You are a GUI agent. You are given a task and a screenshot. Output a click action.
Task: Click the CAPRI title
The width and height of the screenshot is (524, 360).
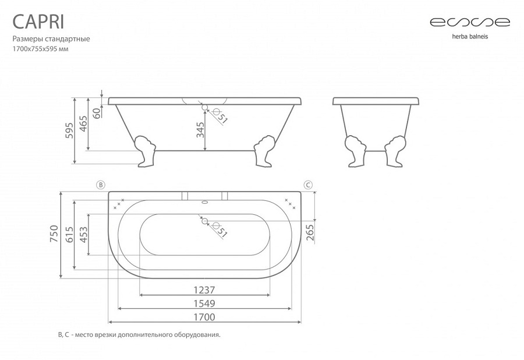[38, 22]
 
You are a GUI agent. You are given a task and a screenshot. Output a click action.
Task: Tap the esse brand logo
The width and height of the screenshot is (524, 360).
[470, 22]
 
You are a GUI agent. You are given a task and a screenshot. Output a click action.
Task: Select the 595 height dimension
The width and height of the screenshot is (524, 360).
[69, 130]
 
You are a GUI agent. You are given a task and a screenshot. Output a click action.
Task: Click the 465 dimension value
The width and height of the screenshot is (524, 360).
[83, 124]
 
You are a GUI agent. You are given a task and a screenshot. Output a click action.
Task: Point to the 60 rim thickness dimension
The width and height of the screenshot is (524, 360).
[96, 112]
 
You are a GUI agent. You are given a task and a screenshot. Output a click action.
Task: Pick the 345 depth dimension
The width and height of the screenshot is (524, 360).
[200, 130]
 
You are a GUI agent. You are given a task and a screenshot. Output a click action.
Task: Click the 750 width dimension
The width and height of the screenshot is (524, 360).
[54, 234]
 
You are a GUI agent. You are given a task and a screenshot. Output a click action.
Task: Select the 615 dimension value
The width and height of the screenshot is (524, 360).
[69, 235]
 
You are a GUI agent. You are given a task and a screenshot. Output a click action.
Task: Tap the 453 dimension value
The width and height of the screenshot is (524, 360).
[83, 235]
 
